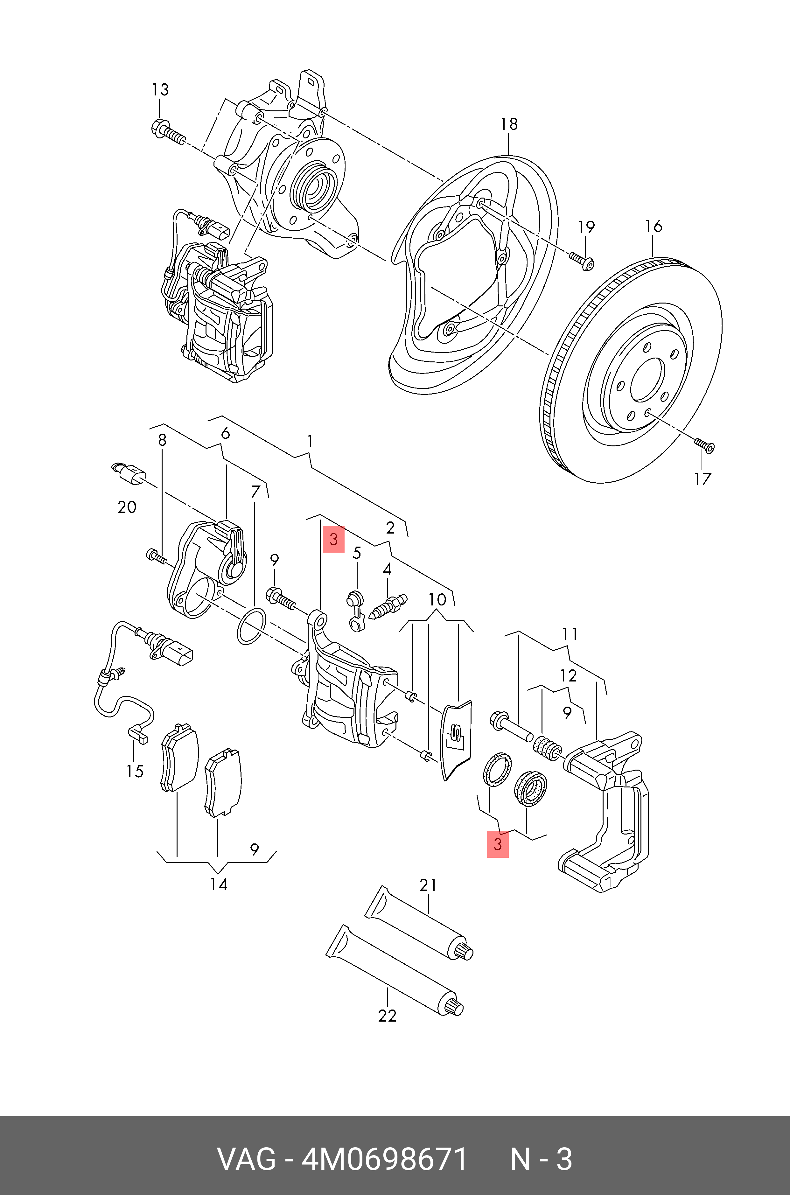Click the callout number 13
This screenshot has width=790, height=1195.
[x=160, y=90]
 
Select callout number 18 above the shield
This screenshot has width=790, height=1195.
[x=509, y=124]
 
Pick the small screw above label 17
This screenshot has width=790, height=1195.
[x=705, y=445]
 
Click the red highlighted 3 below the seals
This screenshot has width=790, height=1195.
[x=498, y=844]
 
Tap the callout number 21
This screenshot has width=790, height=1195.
[x=428, y=885]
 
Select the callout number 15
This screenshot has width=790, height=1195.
[x=135, y=771]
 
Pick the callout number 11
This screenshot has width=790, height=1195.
[x=570, y=634]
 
